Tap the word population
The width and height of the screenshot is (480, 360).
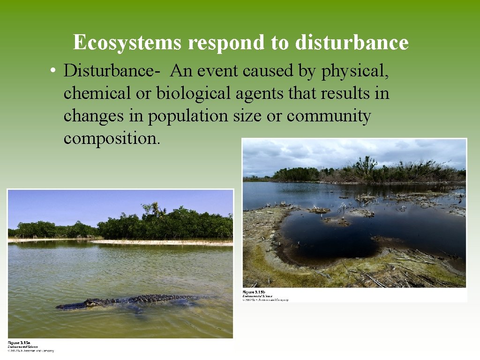pos(188,116)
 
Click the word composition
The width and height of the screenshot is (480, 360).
pos(112,138)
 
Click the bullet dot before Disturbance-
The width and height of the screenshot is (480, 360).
pos(55,71)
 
